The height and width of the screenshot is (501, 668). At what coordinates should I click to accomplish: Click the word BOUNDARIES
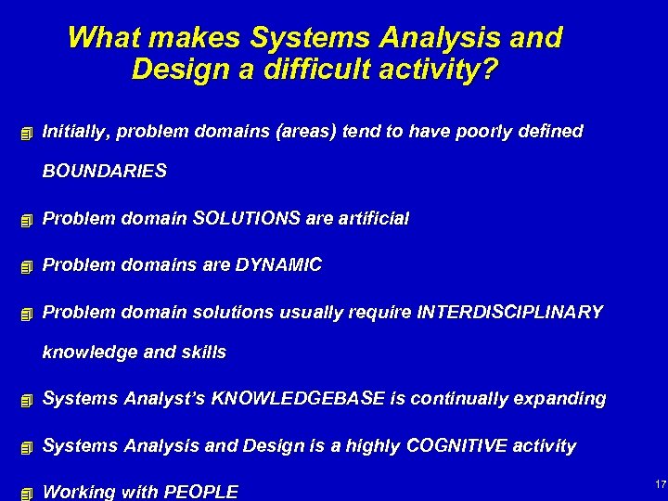point(105,171)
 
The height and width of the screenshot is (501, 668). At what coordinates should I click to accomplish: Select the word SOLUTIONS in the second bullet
point(248,219)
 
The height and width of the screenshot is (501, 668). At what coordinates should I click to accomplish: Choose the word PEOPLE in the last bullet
point(200,492)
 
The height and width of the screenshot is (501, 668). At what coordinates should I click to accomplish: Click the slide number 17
point(661,484)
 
